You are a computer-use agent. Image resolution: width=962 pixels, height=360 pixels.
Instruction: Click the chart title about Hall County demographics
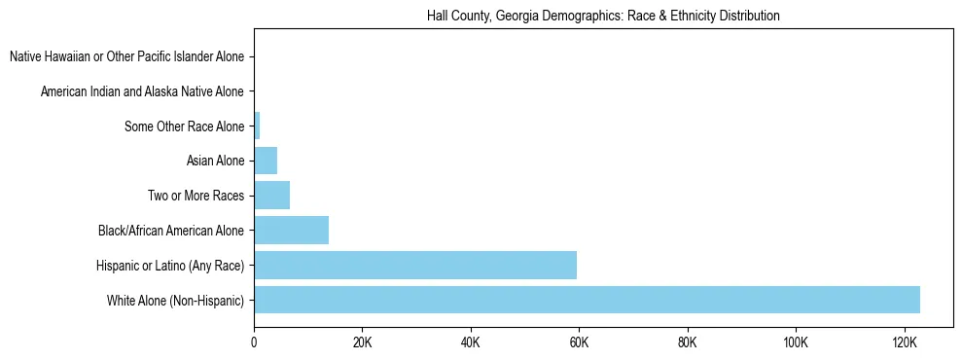[x=603, y=17]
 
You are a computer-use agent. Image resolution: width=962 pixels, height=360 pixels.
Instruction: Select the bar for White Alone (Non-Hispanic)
[x=587, y=300]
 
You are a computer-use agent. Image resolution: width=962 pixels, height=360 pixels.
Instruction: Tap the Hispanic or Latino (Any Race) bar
[x=415, y=265]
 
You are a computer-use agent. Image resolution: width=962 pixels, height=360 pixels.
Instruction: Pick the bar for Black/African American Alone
[x=292, y=231]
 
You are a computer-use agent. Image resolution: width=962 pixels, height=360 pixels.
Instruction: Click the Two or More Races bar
[x=272, y=196]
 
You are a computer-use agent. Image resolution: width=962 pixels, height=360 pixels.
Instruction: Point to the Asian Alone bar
[x=266, y=161]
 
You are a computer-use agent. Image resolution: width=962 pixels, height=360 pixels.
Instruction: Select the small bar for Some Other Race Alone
[x=257, y=126]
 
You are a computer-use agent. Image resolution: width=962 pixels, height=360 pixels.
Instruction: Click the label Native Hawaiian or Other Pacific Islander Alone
[x=126, y=56]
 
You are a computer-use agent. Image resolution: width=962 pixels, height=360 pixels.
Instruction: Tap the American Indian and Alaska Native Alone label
[x=142, y=91]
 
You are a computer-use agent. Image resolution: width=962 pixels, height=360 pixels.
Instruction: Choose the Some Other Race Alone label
[x=184, y=126]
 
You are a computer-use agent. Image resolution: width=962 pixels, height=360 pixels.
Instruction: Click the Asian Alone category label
[x=215, y=161]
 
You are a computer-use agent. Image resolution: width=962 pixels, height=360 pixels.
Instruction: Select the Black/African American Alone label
[x=171, y=231]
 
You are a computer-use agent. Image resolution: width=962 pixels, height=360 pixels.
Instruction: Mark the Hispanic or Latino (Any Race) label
[x=170, y=266]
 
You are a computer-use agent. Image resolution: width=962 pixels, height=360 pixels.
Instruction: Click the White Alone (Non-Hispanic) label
[x=176, y=301]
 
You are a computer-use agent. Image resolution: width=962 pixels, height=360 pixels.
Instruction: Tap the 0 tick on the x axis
[x=254, y=342]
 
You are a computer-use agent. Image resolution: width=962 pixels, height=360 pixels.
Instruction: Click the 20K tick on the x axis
[x=362, y=342]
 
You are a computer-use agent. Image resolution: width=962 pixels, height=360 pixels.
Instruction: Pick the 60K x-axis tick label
[x=579, y=342]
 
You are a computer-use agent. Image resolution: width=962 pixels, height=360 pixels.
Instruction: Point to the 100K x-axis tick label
[x=796, y=342]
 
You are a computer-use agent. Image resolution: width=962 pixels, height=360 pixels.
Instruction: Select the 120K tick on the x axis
[x=904, y=342]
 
